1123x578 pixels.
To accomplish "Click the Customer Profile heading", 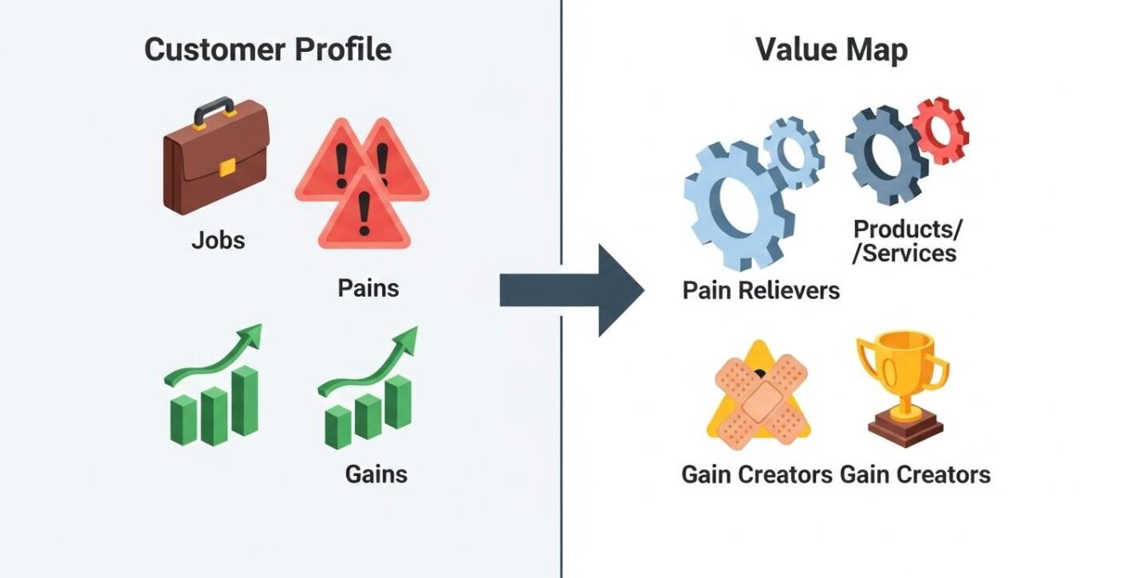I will [x=268, y=49].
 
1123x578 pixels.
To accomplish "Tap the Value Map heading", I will [x=831, y=49].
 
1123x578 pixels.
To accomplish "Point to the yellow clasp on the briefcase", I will [x=227, y=167].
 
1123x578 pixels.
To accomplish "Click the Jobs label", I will [x=218, y=240].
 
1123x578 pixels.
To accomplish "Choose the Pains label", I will [x=368, y=287].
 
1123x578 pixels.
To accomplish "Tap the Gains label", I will [x=376, y=473].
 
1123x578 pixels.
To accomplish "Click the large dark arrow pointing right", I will [x=570, y=290].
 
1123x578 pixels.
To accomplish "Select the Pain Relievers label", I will [x=761, y=291].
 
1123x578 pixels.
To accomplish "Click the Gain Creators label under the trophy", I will [x=915, y=473].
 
